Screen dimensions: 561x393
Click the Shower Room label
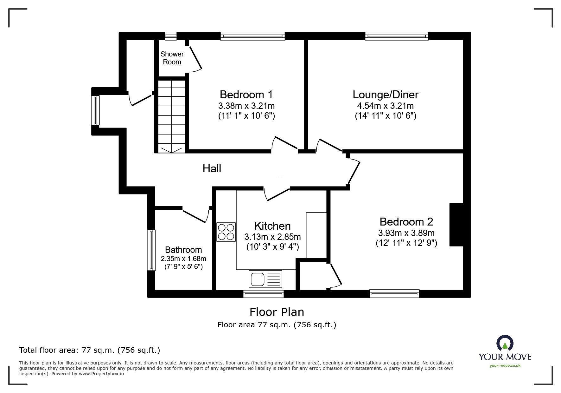[172, 58]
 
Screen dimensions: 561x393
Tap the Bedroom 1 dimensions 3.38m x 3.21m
[246, 106]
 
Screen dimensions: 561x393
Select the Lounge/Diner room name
[386, 95]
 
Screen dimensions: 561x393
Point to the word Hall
[212, 168]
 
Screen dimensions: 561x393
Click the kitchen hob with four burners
[226, 232]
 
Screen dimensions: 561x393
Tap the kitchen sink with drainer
[265, 279]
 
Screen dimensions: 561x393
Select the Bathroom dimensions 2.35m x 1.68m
[183, 259]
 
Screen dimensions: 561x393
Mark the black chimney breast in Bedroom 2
[456, 225]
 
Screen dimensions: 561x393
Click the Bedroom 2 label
[406, 221]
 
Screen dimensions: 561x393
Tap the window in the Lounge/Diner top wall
[396, 36]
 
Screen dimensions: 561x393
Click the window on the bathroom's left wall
[152, 250]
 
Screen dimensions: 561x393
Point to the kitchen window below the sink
[263, 294]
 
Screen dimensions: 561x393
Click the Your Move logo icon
[505, 344]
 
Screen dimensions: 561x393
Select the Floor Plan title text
[277, 312]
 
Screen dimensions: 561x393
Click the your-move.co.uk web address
[505, 366]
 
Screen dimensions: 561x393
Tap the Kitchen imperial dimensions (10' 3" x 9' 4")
[272, 247]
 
